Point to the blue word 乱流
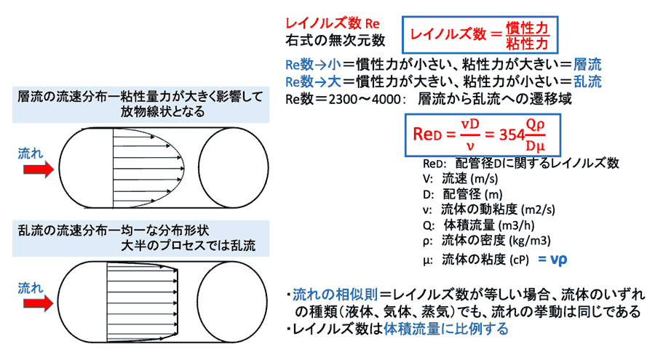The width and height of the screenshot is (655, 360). point(588,81)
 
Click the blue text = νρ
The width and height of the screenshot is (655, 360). point(552,259)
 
